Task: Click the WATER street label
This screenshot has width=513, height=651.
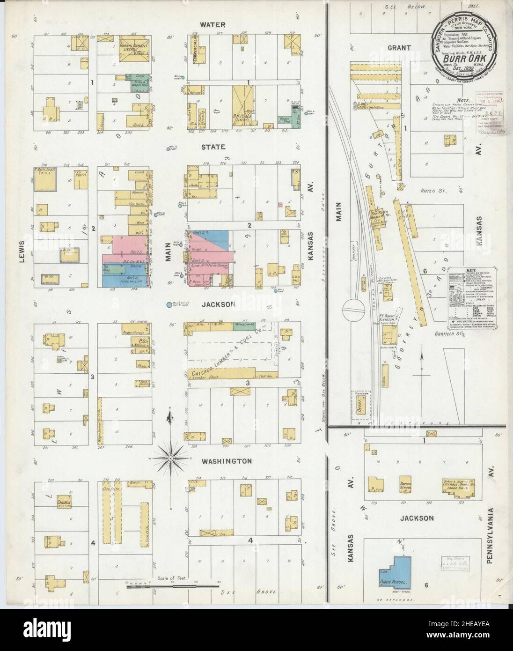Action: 213,24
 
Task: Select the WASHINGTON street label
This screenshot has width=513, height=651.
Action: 227,461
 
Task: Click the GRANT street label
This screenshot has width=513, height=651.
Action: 399,47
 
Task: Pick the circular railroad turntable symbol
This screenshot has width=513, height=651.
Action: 353,310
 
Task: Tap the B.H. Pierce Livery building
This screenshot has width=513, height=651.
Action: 242,105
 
